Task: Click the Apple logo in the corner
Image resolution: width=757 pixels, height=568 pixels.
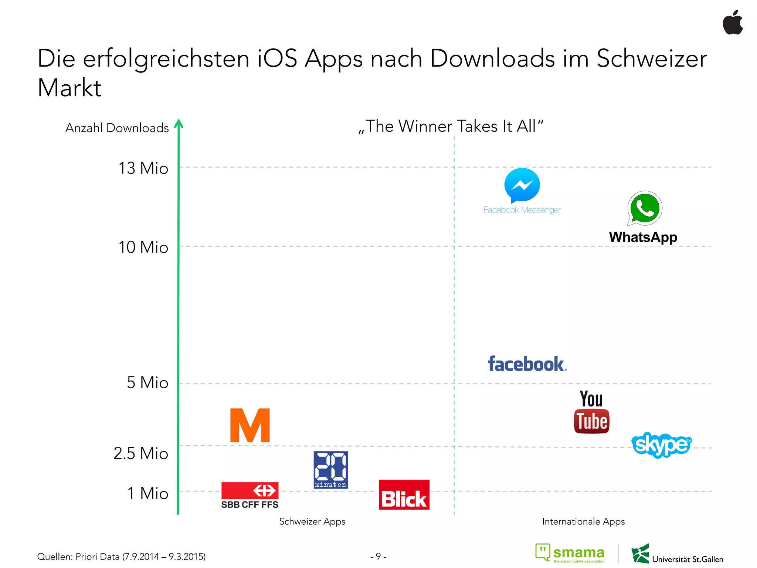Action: (x=733, y=23)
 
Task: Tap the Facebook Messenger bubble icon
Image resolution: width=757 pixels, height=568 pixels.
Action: (x=522, y=185)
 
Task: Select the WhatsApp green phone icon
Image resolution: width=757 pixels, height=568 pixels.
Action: (x=645, y=208)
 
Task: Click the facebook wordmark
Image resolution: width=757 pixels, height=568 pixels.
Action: (x=527, y=364)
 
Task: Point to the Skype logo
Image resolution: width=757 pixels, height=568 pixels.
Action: (x=661, y=444)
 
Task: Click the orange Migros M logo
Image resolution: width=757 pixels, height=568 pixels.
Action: (x=250, y=425)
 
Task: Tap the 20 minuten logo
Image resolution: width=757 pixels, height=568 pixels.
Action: (x=330, y=470)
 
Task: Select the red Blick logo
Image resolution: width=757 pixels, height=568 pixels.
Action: (x=404, y=495)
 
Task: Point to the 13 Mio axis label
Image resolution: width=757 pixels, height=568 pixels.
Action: (x=143, y=168)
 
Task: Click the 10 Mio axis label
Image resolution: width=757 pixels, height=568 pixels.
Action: (x=143, y=247)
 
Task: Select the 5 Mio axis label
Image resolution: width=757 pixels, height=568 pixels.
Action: (x=147, y=382)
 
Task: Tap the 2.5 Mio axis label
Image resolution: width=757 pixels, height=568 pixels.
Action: (x=141, y=453)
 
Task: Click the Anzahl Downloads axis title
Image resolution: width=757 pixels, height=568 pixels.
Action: (x=117, y=128)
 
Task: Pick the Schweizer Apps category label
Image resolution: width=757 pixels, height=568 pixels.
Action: (x=312, y=521)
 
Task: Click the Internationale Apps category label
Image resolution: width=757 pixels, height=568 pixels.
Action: (x=583, y=521)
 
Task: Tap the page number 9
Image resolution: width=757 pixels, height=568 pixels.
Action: (x=378, y=556)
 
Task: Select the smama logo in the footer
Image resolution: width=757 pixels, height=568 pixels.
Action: (x=570, y=553)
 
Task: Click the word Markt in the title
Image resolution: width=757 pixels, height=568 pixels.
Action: (x=69, y=88)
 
